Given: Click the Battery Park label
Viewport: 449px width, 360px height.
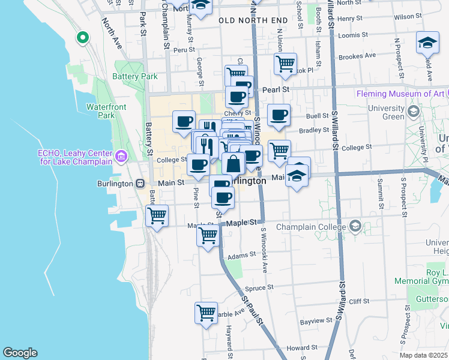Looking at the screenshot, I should pos(135,76).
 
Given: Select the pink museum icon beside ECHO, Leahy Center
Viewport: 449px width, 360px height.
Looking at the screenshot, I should pos(122,157).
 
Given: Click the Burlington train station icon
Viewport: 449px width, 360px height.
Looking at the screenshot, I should pos(139,183).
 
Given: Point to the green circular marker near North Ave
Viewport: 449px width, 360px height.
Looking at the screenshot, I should pos(82,38).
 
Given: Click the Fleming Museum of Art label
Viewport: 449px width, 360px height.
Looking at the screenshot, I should pos(400,94).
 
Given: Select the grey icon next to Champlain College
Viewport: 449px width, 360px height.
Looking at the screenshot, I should pos(355,227).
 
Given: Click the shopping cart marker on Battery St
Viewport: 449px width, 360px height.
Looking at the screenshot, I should pos(157,215).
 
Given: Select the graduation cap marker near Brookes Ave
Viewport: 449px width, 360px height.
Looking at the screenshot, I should pos(427,43).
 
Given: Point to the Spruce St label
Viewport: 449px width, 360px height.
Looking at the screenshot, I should pos(259,287).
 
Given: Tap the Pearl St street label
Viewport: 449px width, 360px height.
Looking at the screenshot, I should pos(276,89).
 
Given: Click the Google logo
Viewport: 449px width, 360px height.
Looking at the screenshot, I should pos(20,353).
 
